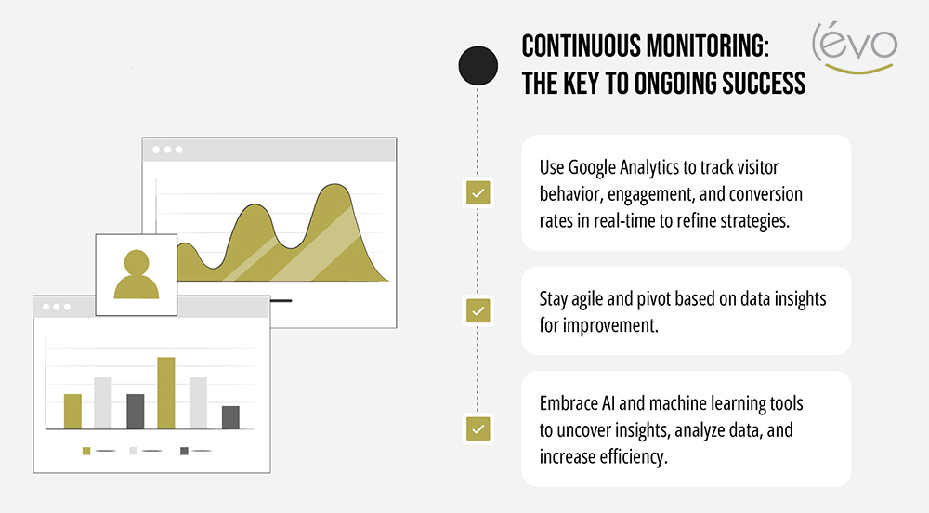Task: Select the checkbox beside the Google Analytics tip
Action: coord(478,193)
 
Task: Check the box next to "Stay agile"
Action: coord(478,310)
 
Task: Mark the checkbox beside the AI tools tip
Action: coord(478,428)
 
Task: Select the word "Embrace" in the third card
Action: coord(569,404)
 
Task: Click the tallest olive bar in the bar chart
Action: coord(166,393)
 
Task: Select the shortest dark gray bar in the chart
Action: coord(230,417)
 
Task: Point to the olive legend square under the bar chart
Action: coord(86,451)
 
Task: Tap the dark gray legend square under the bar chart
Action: coord(184,451)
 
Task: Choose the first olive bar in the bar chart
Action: coord(72,412)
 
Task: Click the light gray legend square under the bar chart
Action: coord(134,451)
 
